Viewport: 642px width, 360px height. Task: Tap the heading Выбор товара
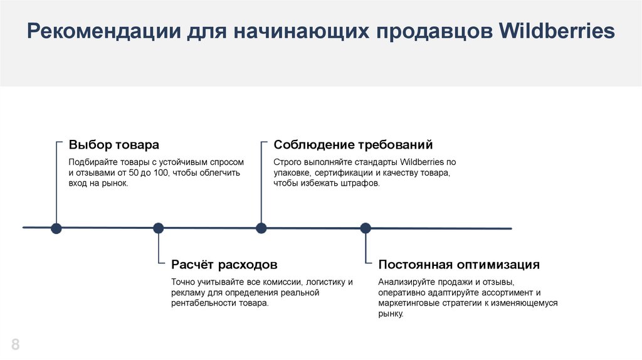[114, 145]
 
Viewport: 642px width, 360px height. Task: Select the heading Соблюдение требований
[353, 145]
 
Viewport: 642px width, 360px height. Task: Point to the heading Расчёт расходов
[224, 265]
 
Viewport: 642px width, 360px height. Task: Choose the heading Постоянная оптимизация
[459, 265]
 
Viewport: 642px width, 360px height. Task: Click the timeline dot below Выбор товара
[56, 228]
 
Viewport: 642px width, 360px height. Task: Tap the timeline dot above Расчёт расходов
[158, 228]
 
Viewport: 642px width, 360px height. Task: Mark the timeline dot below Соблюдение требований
[261, 228]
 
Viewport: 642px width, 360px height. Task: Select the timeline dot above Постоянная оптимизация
[366, 228]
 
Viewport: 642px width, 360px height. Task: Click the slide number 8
[15, 344]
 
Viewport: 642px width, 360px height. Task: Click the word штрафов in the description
[361, 183]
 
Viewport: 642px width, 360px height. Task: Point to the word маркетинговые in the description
[407, 303]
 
